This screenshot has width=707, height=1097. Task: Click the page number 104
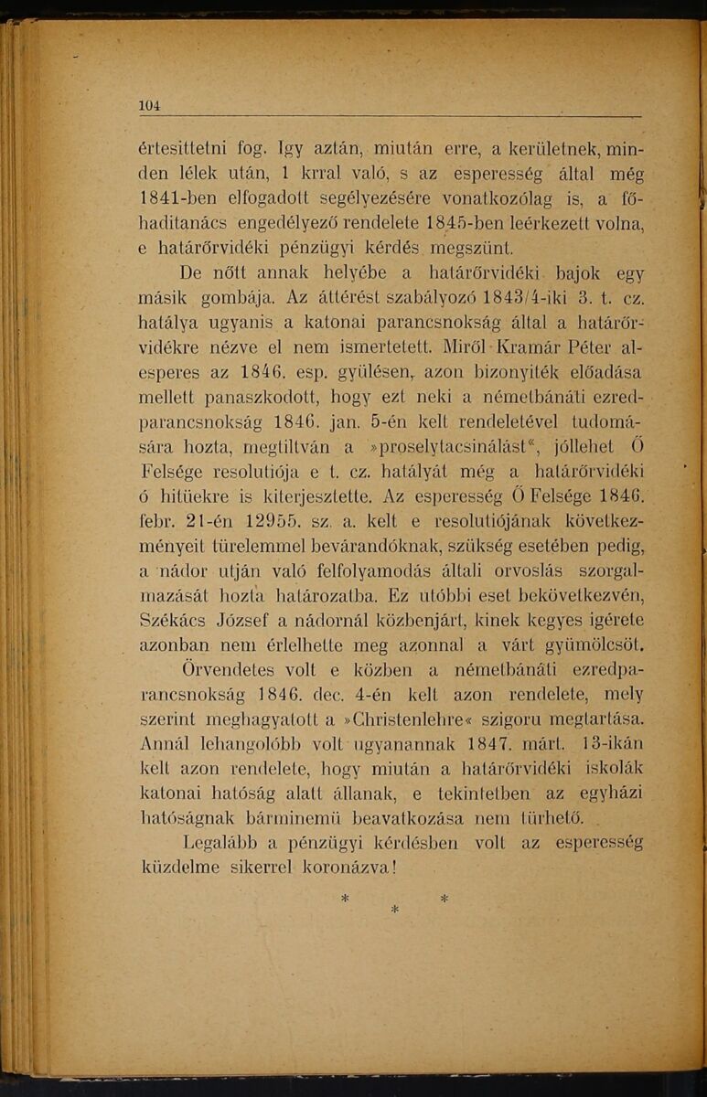coord(149,105)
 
